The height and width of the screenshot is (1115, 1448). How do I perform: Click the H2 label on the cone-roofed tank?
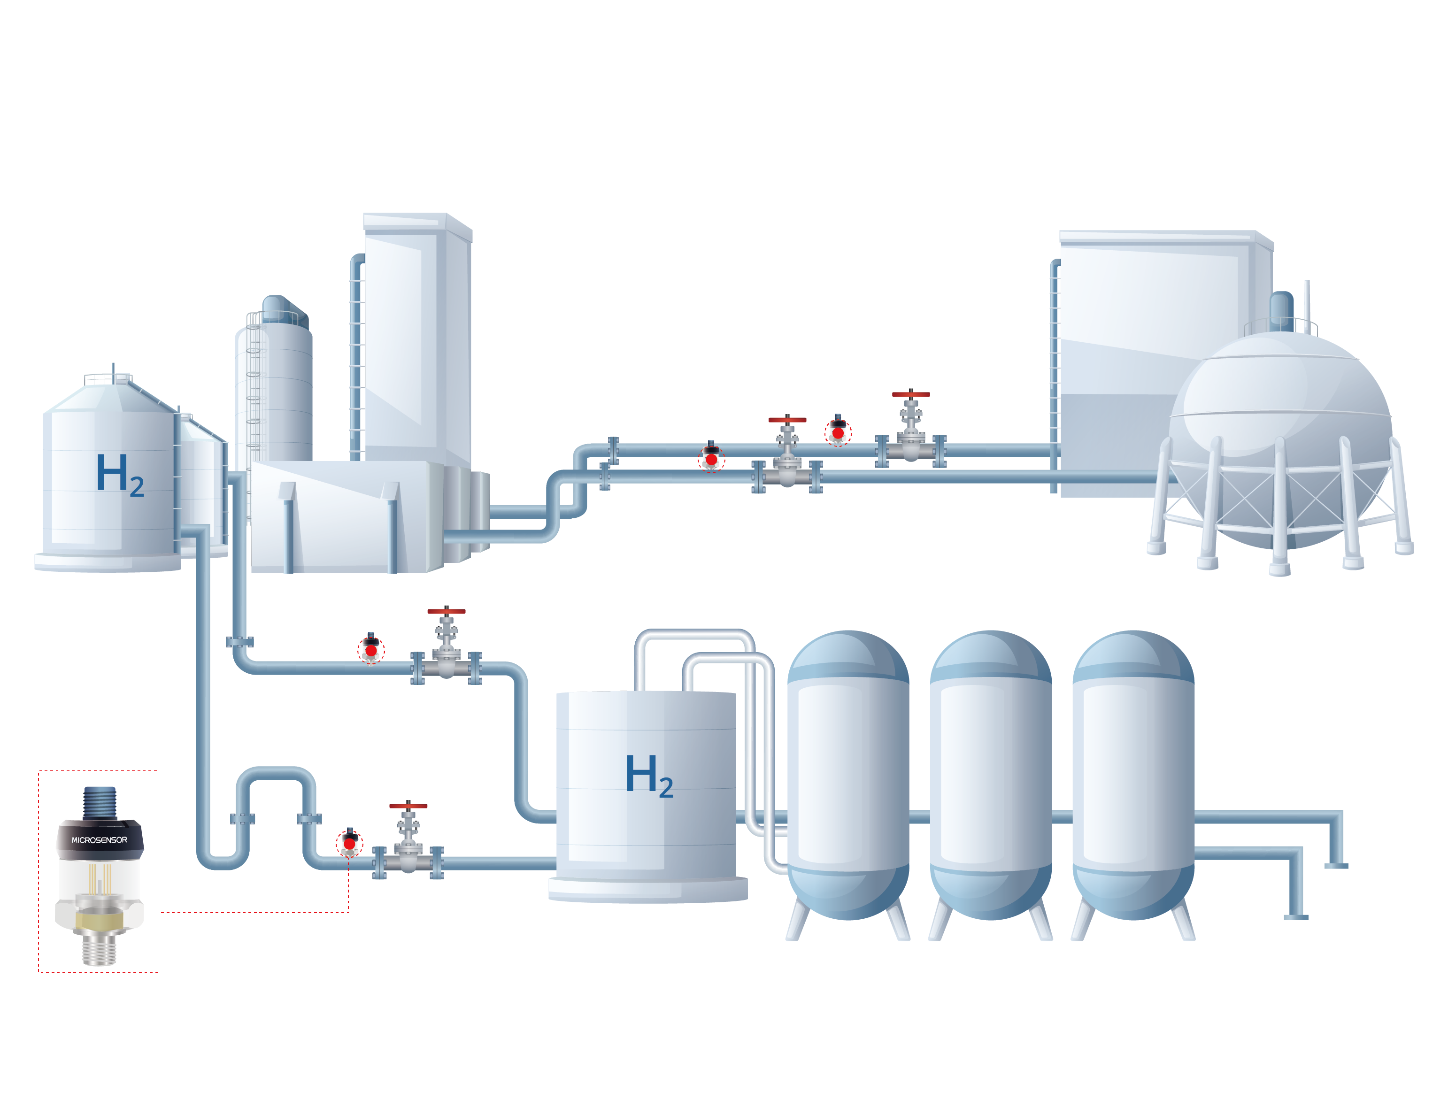[x=119, y=475]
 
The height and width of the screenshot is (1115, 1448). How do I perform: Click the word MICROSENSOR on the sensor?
[x=100, y=840]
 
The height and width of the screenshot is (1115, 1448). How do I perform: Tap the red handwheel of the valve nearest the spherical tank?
[x=910, y=394]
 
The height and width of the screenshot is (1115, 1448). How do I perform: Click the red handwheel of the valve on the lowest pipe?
[x=408, y=806]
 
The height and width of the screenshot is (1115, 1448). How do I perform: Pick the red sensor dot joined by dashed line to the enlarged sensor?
[x=349, y=844]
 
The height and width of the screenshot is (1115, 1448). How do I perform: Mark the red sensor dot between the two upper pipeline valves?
[x=838, y=433]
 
